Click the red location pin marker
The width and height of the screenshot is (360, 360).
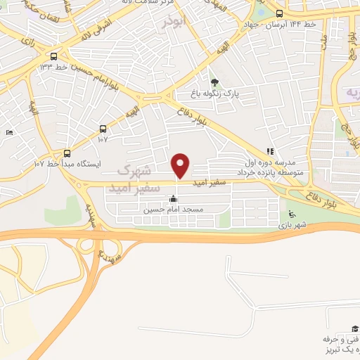[x=181, y=165]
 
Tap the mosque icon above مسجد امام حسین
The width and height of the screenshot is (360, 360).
[x=173, y=199]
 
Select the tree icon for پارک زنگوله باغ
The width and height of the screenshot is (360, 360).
[x=214, y=82]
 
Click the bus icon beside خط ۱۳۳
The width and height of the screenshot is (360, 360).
[x=54, y=57]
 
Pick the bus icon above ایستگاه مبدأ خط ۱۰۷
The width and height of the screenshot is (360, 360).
[x=67, y=153]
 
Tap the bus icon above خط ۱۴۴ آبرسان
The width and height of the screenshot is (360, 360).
[x=280, y=13]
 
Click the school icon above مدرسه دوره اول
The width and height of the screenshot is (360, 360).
[x=270, y=151]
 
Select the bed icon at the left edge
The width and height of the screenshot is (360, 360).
[x=9, y=132]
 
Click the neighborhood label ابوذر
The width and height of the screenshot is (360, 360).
[x=174, y=21]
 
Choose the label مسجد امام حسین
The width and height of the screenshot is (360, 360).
[x=173, y=210]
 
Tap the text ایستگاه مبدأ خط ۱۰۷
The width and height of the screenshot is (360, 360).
[x=67, y=163]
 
